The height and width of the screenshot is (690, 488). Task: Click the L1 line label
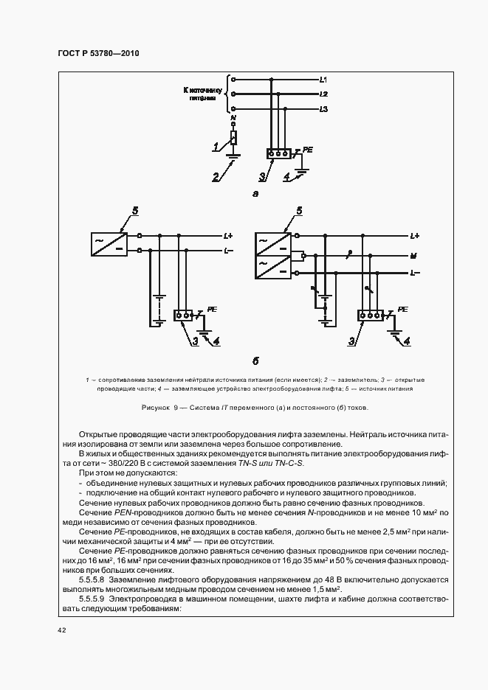(x=323, y=78)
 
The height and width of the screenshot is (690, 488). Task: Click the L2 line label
(x=323, y=94)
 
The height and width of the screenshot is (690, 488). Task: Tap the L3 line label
(x=323, y=110)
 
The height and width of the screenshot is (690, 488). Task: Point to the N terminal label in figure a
(x=233, y=118)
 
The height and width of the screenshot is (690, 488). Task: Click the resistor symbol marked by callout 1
(x=233, y=138)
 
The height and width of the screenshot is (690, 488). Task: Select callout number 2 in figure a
(x=216, y=178)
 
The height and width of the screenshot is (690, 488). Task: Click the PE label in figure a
(x=308, y=150)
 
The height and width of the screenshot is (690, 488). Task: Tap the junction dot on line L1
(x=272, y=78)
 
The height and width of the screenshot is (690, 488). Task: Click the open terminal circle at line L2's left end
(x=233, y=94)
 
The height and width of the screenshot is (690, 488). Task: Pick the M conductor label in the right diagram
(x=414, y=257)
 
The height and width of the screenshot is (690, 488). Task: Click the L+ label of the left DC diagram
(x=228, y=236)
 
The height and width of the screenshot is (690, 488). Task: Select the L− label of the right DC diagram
(x=414, y=273)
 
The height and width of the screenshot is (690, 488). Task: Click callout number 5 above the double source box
(x=299, y=211)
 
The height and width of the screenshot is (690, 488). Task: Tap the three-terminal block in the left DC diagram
(x=183, y=315)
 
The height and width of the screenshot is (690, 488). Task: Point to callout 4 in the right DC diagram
(x=407, y=341)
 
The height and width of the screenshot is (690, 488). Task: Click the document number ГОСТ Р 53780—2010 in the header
(x=98, y=54)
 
